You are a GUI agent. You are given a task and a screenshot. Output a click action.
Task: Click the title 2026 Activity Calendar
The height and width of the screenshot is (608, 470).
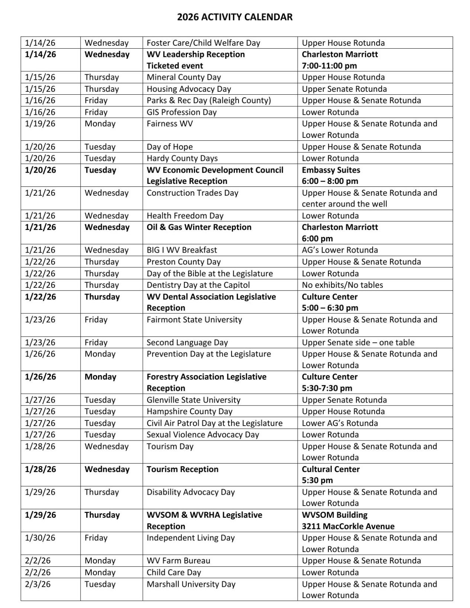tap(234, 17)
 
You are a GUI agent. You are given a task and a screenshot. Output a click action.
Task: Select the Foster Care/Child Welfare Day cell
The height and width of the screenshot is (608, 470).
tap(203, 43)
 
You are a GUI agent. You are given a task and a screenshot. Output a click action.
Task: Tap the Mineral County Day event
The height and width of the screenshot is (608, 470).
tap(184, 77)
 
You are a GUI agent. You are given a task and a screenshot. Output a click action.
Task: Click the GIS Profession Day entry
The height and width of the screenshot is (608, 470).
tap(181, 112)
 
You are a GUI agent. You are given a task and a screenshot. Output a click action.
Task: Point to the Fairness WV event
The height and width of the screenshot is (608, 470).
tap(169, 124)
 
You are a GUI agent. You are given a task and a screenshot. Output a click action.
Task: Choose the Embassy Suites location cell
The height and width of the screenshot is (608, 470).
tap(331, 170)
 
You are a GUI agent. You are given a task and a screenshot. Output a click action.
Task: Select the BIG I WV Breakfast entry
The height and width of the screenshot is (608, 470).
tap(182, 250)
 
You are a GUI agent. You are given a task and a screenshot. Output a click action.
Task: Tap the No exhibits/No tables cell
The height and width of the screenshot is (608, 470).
tap(342, 285)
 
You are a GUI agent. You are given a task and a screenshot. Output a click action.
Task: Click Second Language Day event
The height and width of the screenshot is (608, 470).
tap(187, 342)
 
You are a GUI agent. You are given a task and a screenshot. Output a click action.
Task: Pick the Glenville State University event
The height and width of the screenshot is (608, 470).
tap(193, 400)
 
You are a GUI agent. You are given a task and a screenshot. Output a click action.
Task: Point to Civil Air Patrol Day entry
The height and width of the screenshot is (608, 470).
tap(214, 423)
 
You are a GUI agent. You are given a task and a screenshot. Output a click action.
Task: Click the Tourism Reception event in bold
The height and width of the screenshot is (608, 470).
tap(182, 469)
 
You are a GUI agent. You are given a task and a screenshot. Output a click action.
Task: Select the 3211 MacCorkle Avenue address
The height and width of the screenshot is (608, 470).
tap(348, 526)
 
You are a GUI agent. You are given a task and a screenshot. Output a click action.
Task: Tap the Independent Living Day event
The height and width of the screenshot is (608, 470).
tap(190, 538)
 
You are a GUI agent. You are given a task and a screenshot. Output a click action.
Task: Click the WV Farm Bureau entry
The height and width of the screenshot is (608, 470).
tap(178, 561)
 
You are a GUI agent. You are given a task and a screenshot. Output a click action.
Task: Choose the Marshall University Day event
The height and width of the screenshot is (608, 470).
tap(191, 584)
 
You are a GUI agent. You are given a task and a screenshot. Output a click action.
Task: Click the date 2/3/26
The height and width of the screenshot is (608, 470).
tap(38, 584)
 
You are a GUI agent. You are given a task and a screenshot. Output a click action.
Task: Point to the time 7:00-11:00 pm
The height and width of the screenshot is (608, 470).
tap(329, 66)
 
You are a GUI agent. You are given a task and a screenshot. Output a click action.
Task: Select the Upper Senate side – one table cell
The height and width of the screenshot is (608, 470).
tap(358, 342)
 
